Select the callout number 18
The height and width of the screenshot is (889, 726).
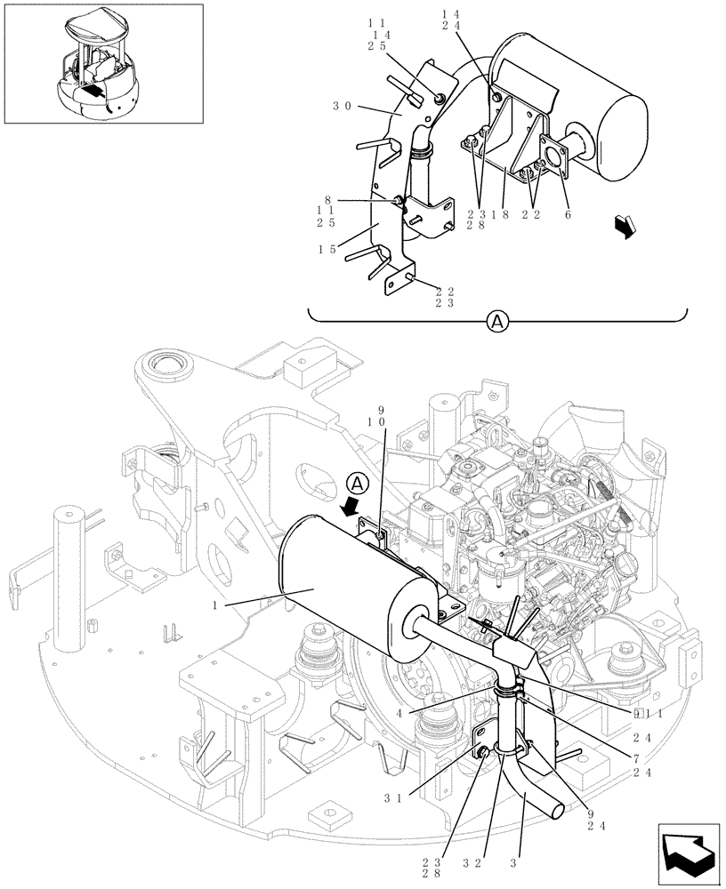(x=505, y=214)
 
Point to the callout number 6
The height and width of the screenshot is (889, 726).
(x=567, y=214)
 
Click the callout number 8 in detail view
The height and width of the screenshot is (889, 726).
(x=328, y=200)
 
